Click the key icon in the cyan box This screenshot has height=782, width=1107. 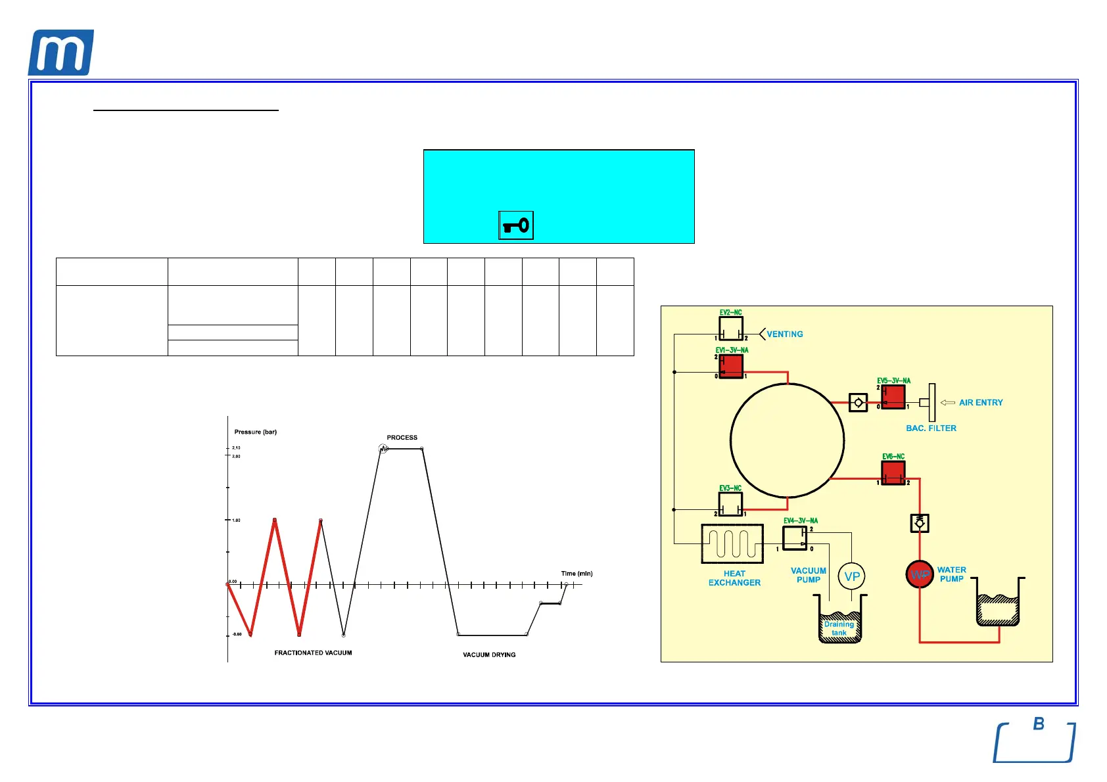516,225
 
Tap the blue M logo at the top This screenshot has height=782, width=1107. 60,53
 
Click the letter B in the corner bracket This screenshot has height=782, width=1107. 1039,724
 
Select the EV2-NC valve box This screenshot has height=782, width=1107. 730,328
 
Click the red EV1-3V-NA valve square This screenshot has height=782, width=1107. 731,367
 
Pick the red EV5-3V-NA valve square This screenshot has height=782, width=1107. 893,397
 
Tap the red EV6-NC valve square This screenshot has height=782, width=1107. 893,472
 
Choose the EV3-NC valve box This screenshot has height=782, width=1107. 730,504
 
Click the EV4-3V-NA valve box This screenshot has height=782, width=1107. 795,538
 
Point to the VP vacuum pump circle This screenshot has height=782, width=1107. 852,576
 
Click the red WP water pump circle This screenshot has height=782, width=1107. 920,574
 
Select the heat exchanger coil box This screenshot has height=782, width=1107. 732,543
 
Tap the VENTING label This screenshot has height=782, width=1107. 785,334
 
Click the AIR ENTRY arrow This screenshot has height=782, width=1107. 948,402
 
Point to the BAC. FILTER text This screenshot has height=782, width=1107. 931,428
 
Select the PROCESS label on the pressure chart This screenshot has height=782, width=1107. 402,437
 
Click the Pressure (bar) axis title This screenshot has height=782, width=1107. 256,432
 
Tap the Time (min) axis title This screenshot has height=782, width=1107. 577,574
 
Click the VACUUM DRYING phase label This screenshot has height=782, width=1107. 489,655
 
